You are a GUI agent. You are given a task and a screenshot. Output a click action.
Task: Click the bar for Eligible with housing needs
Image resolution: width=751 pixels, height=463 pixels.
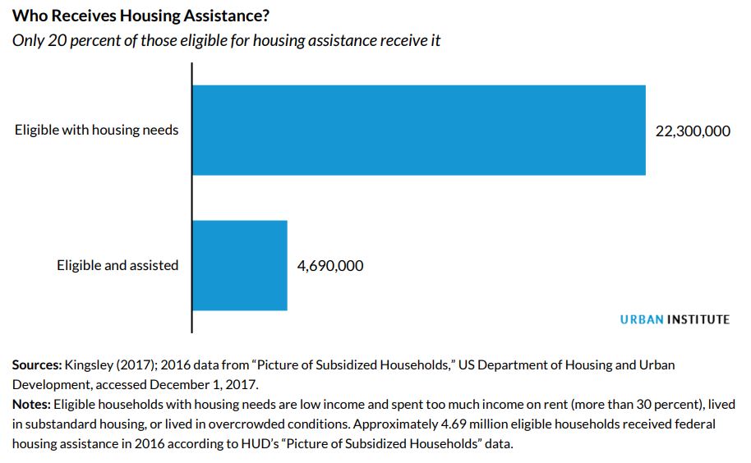pos(419,130)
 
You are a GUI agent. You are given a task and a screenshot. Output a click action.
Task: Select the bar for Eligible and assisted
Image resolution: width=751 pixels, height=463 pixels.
pos(240,265)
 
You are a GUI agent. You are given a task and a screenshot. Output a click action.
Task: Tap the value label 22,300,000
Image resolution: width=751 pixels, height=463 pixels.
pos(692,131)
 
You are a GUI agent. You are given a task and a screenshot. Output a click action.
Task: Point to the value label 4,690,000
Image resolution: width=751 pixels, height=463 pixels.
pos(330,266)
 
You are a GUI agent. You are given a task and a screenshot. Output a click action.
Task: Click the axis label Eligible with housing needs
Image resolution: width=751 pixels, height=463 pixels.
pos(96,130)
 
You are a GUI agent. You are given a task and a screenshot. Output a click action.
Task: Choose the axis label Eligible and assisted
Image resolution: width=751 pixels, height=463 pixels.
pos(117,266)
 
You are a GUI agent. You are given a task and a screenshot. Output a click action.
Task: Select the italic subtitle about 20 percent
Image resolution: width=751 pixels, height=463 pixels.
pos(226,40)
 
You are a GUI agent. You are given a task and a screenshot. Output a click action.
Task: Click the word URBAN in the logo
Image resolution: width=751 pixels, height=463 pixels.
pos(641,319)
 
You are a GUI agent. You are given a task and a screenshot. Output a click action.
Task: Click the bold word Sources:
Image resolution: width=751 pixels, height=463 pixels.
pos(37,364)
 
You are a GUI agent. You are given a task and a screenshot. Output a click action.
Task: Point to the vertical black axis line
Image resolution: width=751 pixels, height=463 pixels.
pos(191,197)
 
